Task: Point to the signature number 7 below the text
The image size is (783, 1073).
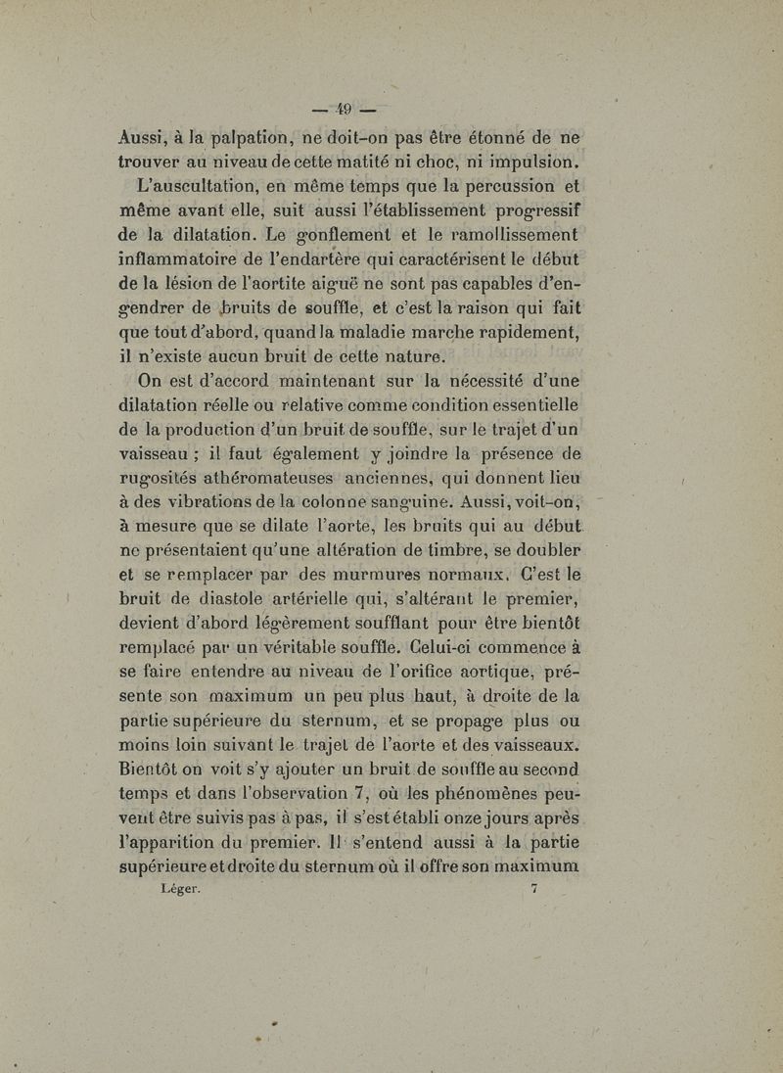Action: [x=533, y=889]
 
